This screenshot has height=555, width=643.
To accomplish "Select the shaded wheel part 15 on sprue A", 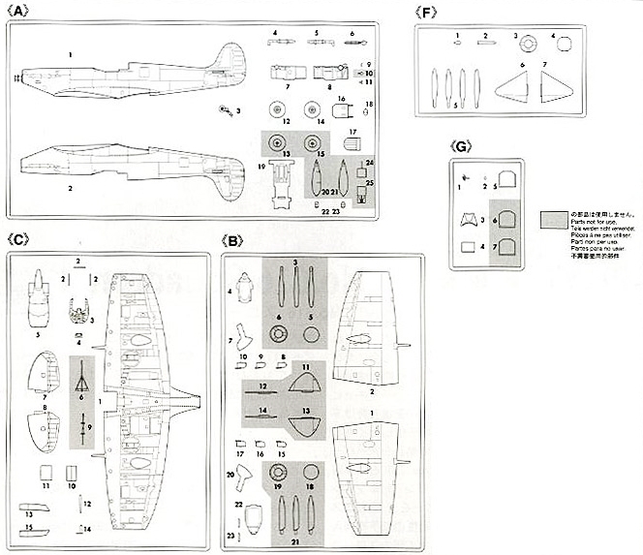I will coord(312,143).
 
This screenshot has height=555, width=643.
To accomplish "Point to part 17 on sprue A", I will coord(351,144).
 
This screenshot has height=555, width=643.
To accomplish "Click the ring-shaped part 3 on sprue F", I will coord(529,43).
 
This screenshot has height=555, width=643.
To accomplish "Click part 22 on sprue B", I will coord(250,515).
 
